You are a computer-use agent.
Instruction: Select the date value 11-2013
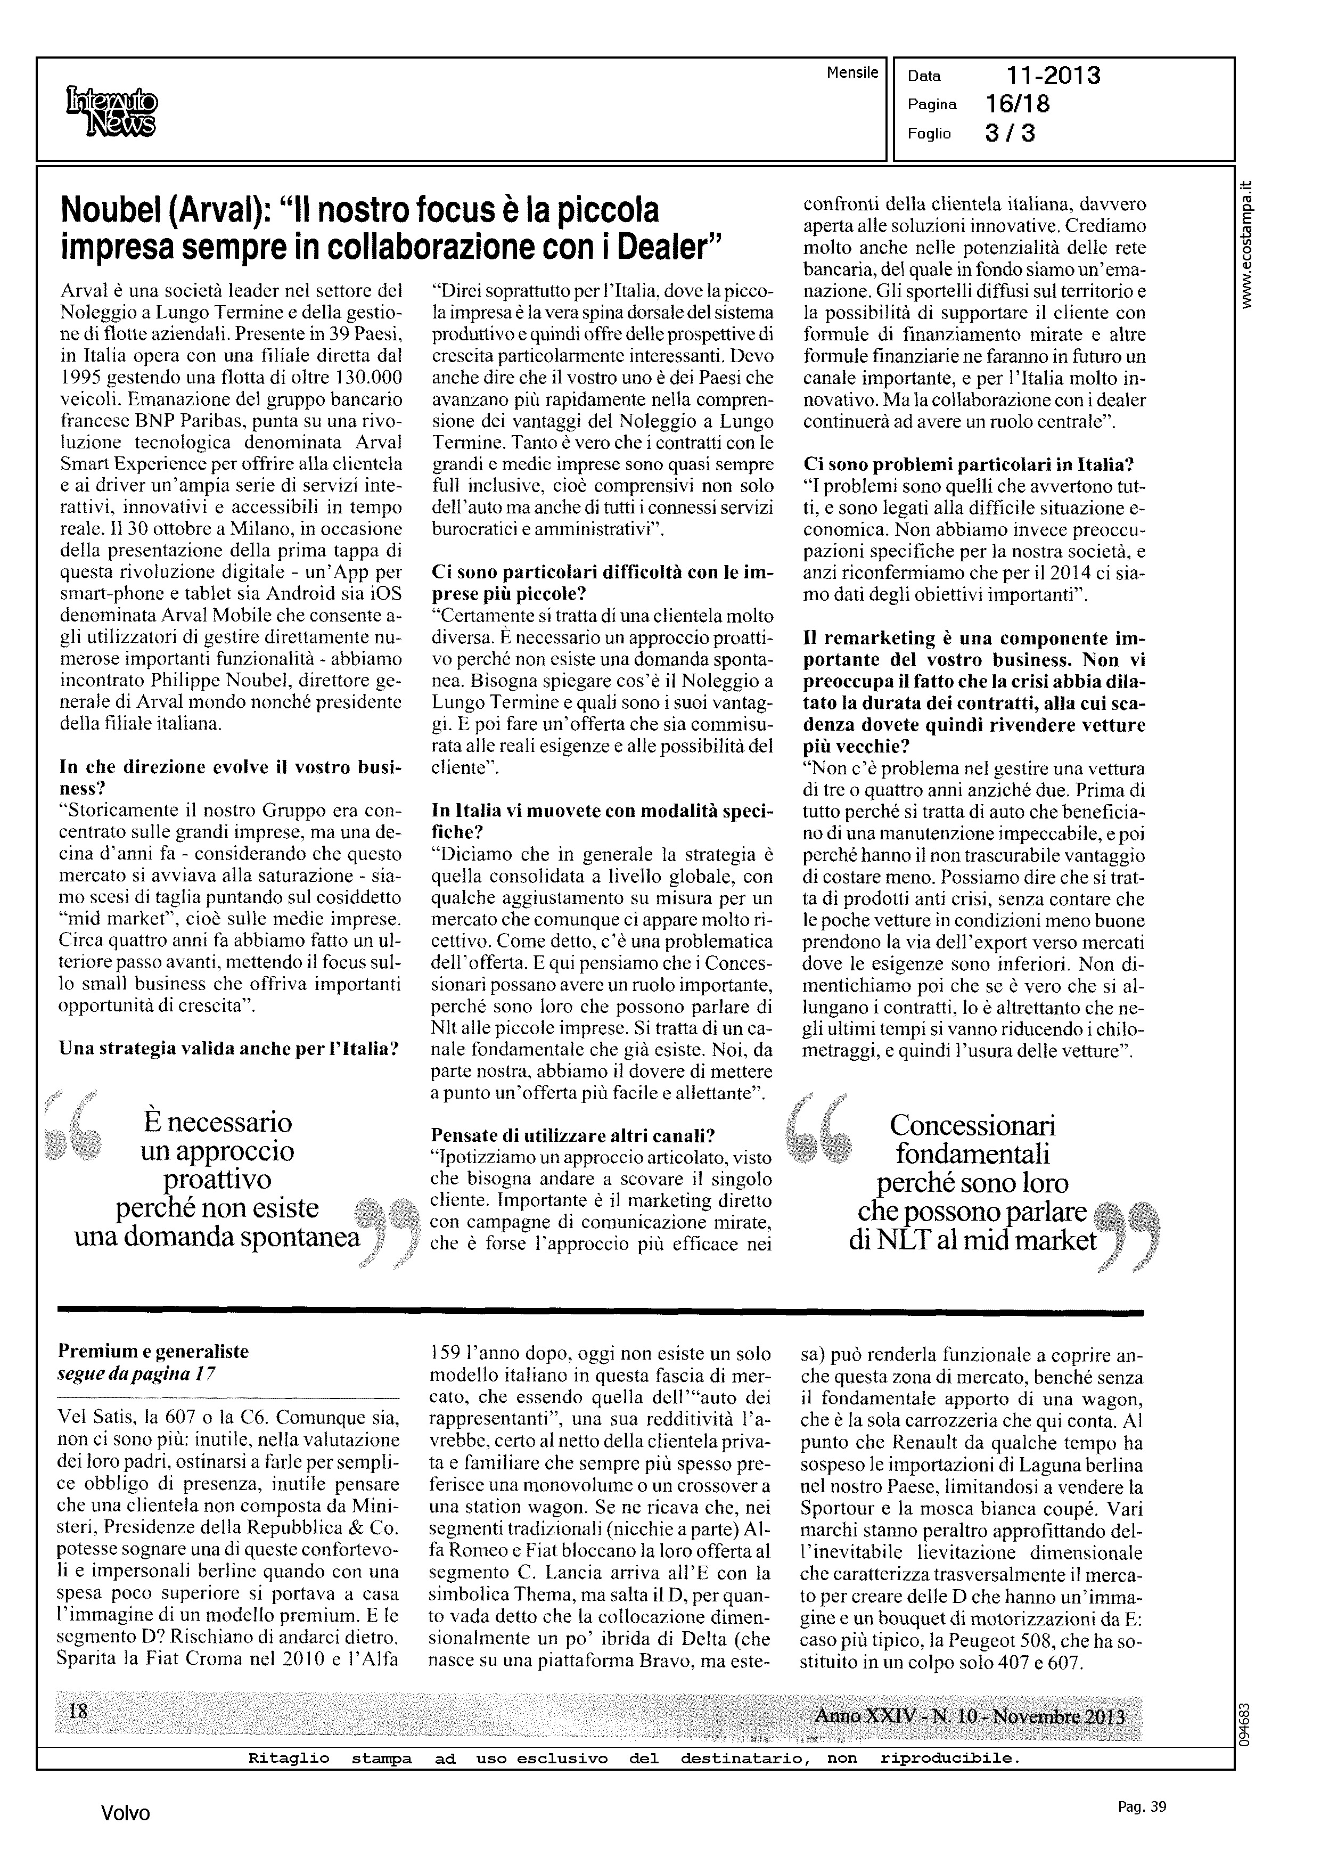point(1053,76)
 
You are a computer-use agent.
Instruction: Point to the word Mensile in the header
point(852,73)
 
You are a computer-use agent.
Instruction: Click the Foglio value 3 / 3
point(1010,133)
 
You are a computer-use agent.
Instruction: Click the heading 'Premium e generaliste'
point(153,1352)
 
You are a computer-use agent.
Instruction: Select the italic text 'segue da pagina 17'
point(137,1374)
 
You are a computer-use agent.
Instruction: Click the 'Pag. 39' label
point(1141,1807)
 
